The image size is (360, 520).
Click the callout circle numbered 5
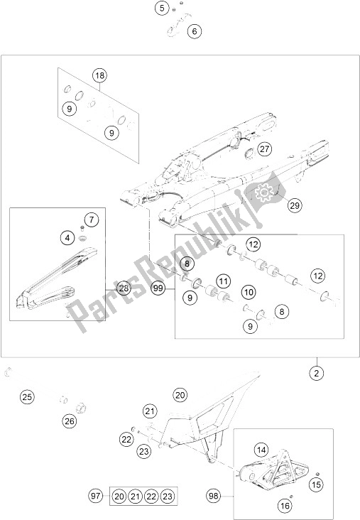coord(162,8)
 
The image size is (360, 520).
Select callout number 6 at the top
coord(195,31)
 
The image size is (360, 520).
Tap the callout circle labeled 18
coord(99,75)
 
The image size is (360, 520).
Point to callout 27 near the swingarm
coord(265,149)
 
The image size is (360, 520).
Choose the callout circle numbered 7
coord(92,220)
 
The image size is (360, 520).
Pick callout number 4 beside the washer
coord(67,238)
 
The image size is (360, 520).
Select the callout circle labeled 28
coord(124,288)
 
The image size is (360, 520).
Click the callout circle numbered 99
coord(158,288)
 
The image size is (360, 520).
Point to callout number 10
coord(249,292)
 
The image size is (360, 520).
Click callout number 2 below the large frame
coord(317,374)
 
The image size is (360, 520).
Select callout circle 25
coord(27,396)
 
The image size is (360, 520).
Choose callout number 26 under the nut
coord(70,421)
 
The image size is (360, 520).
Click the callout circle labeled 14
coord(261,450)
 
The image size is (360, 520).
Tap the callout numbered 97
coord(95,496)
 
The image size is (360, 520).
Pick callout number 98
coord(214,496)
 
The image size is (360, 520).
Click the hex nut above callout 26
coord(80,407)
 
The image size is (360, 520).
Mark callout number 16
coord(285,505)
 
